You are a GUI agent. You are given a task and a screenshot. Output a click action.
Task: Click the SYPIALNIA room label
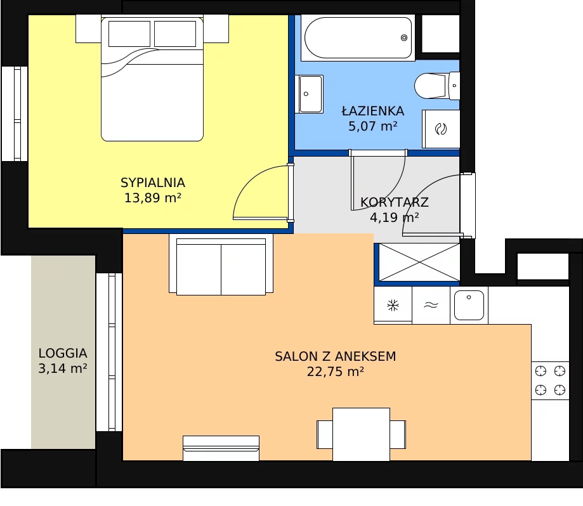click(x=152, y=183)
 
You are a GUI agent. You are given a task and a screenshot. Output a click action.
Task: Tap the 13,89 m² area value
click(x=152, y=198)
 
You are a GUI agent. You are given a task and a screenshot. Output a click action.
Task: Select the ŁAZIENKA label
click(x=373, y=111)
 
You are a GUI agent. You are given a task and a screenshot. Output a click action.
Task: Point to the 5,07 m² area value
click(x=372, y=126)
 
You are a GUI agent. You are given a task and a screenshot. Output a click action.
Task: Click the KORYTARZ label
click(x=395, y=202)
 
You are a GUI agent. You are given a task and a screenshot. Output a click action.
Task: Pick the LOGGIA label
click(x=63, y=353)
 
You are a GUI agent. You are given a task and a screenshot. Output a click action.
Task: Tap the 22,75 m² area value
click(x=336, y=372)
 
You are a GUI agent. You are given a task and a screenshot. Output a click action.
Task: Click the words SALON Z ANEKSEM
click(x=336, y=356)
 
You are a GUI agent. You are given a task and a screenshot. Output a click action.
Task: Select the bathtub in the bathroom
click(x=358, y=37)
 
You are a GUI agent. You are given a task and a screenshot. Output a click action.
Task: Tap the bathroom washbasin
click(x=310, y=94)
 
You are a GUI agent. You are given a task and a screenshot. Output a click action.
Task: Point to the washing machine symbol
click(x=441, y=129)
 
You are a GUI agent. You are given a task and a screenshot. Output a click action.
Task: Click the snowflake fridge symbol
click(x=393, y=306)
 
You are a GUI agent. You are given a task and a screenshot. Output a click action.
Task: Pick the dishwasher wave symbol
click(x=431, y=305)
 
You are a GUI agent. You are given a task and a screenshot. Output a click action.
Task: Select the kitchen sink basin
click(x=469, y=305)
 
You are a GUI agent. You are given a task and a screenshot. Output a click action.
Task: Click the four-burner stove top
click(x=550, y=380)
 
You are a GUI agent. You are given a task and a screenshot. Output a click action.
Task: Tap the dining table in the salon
click(x=361, y=434)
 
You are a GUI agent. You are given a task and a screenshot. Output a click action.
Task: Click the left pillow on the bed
click(x=129, y=34)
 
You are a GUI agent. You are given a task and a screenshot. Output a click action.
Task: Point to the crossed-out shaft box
click(x=419, y=263)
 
